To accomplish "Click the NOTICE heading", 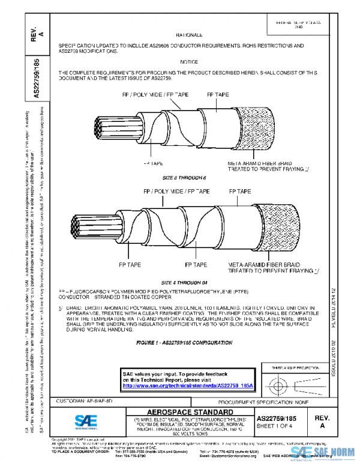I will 189,62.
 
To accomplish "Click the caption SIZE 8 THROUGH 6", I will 184,178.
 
